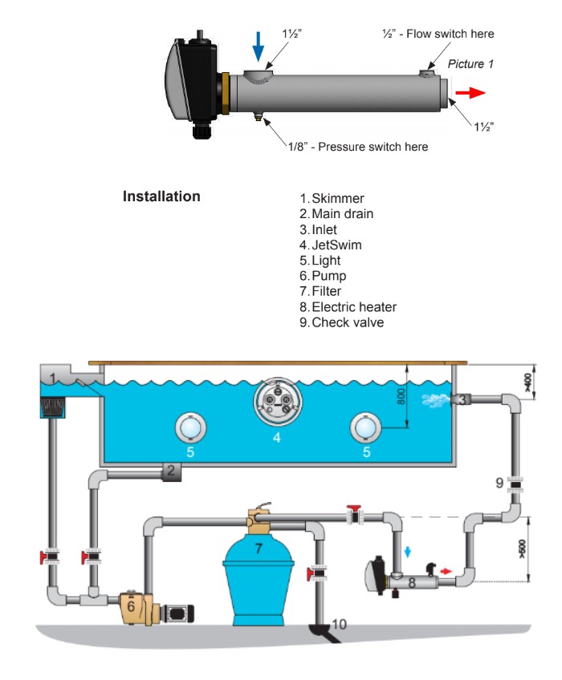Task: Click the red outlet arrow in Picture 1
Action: (x=471, y=92)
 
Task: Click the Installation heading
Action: (x=161, y=196)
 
